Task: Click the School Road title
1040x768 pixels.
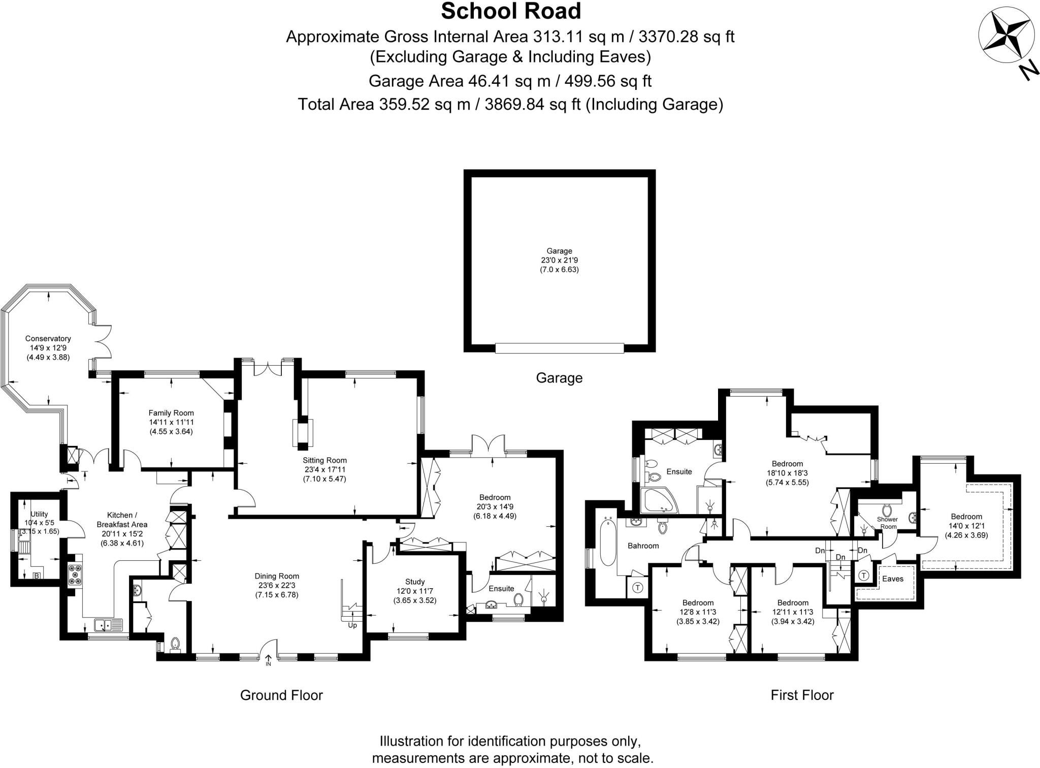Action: tap(511, 12)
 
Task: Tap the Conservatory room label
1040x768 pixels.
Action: tap(48, 339)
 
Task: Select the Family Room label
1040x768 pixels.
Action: tap(171, 413)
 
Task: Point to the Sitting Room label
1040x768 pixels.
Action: tap(324, 460)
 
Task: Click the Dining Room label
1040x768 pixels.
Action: tap(277, 576)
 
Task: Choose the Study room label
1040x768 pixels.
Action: tap(415, 582)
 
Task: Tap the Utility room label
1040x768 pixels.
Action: tap(39, 514)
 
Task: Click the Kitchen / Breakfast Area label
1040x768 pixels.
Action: tap(122, 520)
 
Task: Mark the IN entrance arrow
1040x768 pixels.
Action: tap(268, 660)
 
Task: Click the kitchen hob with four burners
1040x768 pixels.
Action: tap(75, 574)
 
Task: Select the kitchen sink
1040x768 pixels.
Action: tap(108, 625)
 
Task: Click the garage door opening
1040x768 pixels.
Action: tap(559, 348)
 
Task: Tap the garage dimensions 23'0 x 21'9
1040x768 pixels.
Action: tap(559, 260)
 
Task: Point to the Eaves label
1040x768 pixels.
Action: tap(892, 579)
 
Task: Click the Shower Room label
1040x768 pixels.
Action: tap(887, 523)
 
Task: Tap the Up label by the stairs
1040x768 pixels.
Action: tap(352, 625)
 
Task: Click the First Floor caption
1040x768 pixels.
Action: tap(802, 695)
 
